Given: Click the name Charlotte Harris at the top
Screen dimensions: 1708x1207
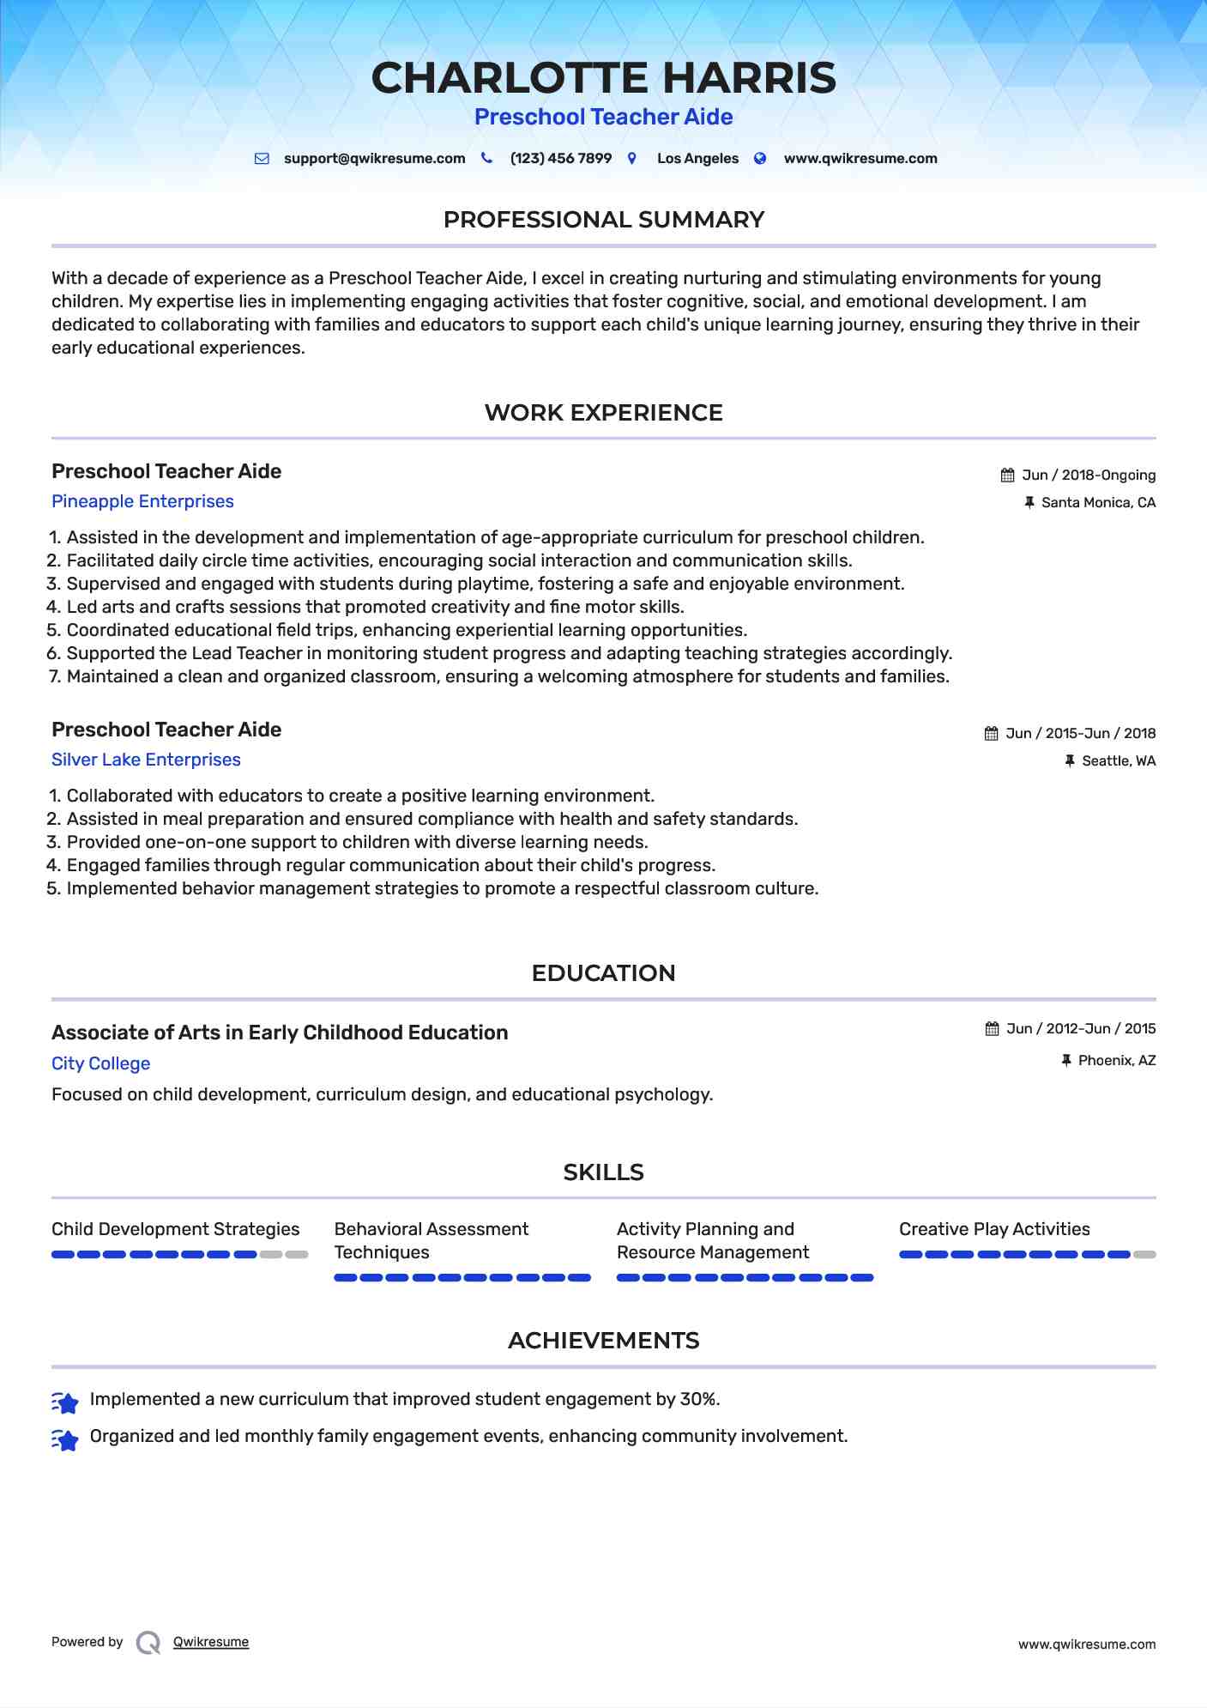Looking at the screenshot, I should pyautogui.click(x=603, y=78).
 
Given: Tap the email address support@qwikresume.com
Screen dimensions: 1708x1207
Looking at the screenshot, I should pyautogui.click(x=374, y=159).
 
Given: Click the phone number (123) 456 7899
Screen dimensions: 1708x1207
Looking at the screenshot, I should pyautogui.click(x=560, y=159).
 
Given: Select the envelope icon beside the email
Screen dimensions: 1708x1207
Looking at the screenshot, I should pyautogui.click(x=262, y=159).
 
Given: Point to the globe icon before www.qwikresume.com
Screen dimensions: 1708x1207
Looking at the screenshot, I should pyautogui.click(x=760, y=159).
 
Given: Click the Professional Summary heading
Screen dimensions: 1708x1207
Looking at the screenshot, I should pyautogui.click(x=603, y=220).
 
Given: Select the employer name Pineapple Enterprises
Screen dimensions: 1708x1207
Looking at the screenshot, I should pyautogui.click(x=142, y=501).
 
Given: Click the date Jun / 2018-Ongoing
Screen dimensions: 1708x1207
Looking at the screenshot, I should pyautogui.click(x=1088, y=475).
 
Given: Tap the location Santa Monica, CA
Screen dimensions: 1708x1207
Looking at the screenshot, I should pyautogui.click(x=1098, y=503).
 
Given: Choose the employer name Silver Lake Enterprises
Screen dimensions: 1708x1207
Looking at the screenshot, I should pyautogui.click(x=146, y=760).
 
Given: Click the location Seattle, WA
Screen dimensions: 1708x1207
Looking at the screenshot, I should pyautogui.click(x=1118, y=761).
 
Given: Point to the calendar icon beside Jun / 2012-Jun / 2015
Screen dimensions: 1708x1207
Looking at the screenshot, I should pyautogui.click(x=993, y=1029).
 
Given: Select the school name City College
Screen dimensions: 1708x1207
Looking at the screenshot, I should pyautogui.click(x=100, y=1063).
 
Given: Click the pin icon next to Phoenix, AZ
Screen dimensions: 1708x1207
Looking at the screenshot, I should pyautogui.click(x=1066, y=1061).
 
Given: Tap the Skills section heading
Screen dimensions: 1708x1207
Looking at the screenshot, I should pyautogui.click(x=603, y=1172).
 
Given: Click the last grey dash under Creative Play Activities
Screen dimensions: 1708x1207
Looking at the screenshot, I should pyautogui.click(x=1144, y=1255).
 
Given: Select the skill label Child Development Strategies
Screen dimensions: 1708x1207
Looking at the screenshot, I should pyautogui.click(x=175, y=1229).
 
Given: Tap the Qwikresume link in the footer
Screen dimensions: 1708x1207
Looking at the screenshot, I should pyautogui.click(x=211, y=1642).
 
